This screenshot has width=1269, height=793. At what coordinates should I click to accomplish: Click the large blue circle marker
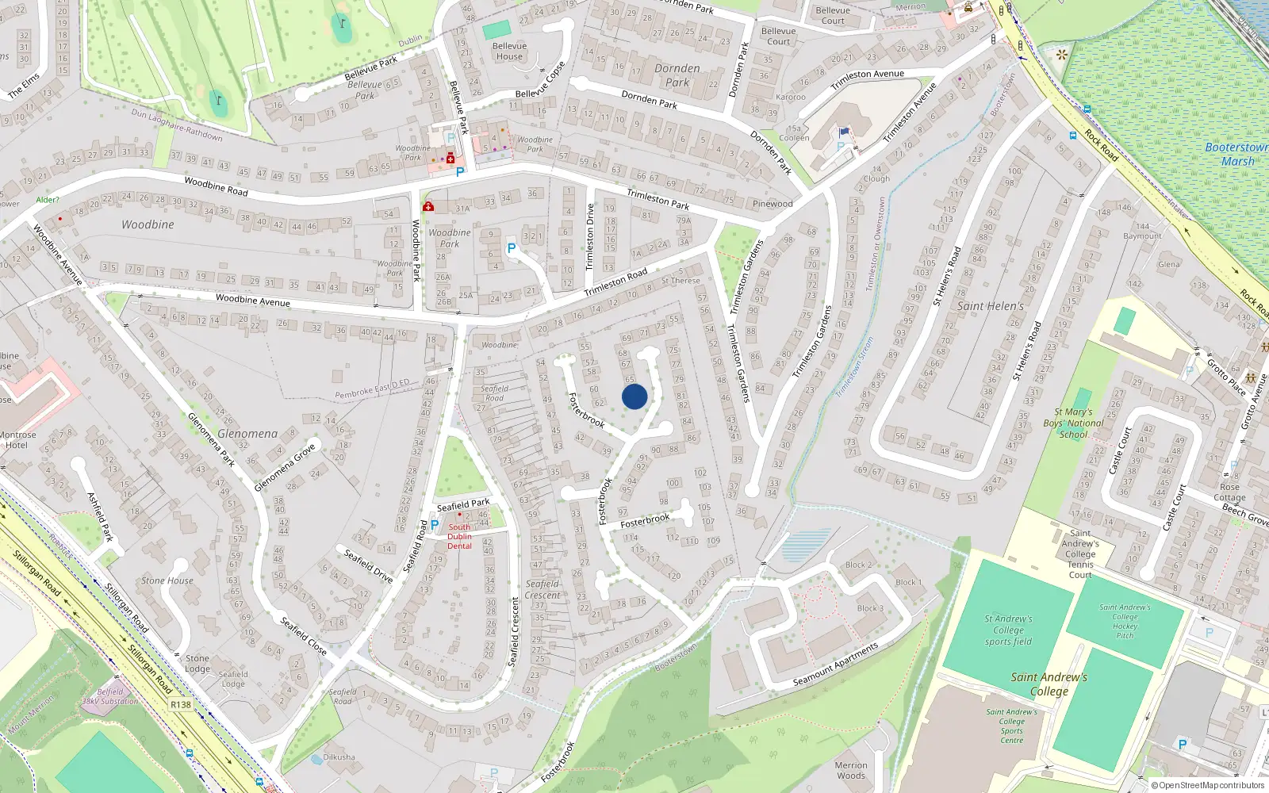634,396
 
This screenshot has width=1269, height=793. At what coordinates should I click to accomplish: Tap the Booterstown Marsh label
1236,154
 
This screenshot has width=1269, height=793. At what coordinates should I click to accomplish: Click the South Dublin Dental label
459,536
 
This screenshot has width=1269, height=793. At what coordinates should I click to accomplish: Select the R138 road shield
181,704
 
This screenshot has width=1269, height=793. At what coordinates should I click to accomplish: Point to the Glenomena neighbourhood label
247,434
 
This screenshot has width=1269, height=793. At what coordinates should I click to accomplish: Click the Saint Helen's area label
991,306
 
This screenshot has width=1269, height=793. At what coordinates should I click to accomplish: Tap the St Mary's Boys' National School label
1073,423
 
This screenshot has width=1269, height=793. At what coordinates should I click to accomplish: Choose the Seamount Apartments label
836,665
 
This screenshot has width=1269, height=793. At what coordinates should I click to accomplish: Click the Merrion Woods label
851,770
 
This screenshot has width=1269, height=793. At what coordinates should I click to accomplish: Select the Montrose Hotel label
17,439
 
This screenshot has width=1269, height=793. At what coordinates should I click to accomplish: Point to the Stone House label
167,580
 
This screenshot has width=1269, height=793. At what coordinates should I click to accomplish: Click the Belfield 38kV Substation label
110,696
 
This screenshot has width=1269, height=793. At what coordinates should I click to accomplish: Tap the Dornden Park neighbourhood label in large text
677,75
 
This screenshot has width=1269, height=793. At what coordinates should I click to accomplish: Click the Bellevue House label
509,51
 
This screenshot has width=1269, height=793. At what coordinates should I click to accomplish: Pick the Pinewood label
773,204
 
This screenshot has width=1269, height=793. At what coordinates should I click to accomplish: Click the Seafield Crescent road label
542,589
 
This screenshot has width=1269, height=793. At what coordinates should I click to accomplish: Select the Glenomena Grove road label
285,467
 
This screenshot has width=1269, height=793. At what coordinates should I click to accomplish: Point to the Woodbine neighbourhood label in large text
148,224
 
